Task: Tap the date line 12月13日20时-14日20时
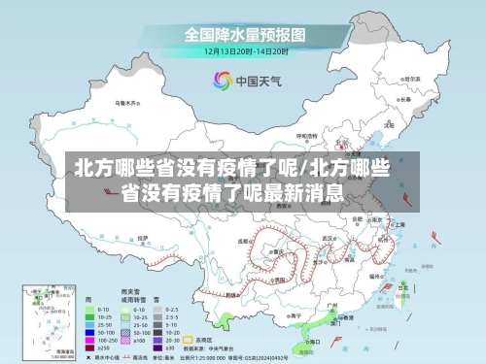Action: (245, 50)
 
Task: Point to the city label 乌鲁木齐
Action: (127, 101)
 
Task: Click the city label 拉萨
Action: (142, 236)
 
